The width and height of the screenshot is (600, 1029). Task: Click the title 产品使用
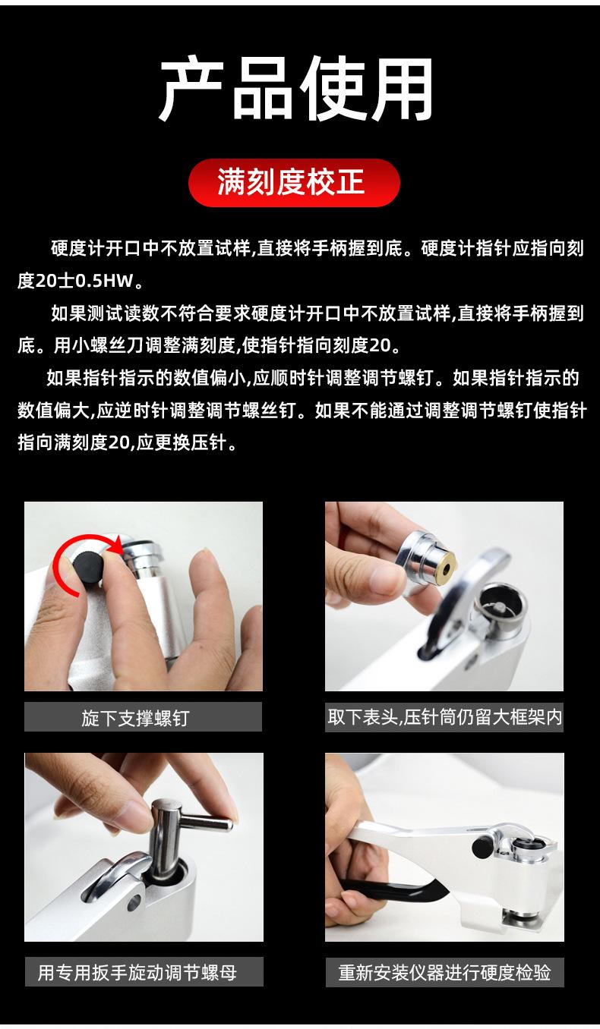(x=296, y=88)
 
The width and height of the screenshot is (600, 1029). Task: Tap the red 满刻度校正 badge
(x=294, y=182)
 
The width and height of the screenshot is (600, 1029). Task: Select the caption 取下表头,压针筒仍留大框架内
(x=444, y=716)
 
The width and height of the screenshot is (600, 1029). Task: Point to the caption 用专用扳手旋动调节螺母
(x=137, y=972)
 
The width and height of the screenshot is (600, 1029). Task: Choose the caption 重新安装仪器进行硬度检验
(x=444, y=972)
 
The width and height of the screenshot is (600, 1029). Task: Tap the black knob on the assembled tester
(x=482, y=845)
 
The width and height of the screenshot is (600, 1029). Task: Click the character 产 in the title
(x=191, y=88)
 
